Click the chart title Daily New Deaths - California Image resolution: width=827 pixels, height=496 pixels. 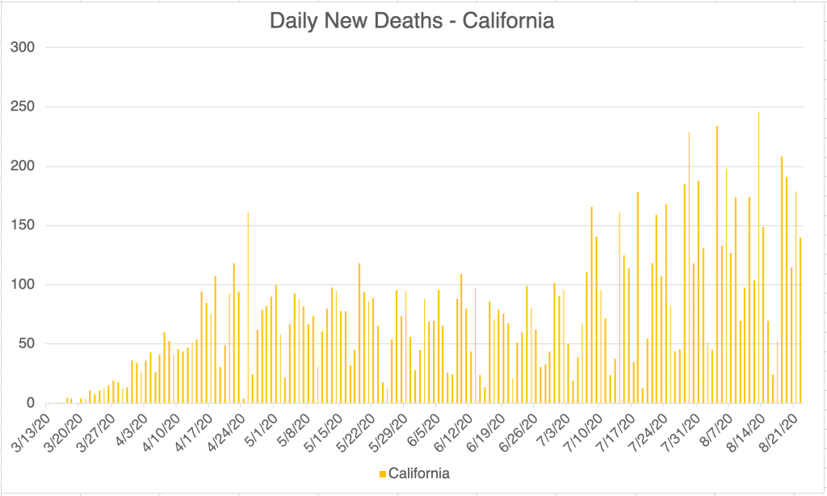tap(412, 21)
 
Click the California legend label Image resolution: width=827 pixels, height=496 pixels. tap(419, 473)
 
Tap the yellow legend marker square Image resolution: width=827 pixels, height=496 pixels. tap(384, 473)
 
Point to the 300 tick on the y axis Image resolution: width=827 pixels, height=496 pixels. tap(23, 47)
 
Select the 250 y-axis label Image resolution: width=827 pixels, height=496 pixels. tap(23, 107)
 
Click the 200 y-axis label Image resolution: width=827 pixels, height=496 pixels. tap(23, 166)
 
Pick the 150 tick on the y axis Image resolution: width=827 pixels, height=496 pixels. tap(23, 225)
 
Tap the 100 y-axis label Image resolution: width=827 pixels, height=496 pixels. tap(23, 285)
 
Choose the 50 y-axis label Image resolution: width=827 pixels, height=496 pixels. tap(27, 344)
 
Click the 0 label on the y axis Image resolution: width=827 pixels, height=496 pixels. tap(31, 403)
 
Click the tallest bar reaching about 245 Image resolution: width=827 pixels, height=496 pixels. tap(758, 259)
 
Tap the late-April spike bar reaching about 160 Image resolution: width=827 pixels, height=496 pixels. tap(248, 308)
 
